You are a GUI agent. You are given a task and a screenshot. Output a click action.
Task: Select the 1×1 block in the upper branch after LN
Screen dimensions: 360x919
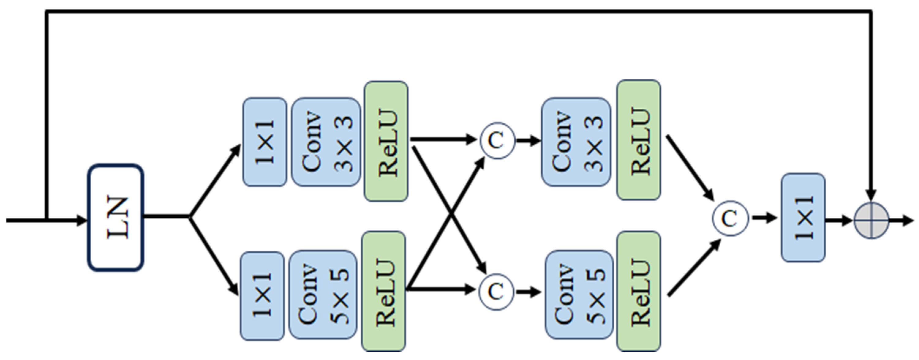pyautogui.click(x=265, y=142)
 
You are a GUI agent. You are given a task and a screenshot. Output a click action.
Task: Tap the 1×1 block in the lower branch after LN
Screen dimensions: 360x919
pyautogui.click(x=262, y=296)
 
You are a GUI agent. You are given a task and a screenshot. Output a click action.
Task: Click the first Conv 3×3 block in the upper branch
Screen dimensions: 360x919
pyautogui.click(x=326, y=142)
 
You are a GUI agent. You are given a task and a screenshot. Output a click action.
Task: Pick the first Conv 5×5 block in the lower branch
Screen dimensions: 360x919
pyautogui.click(x=323, y=294)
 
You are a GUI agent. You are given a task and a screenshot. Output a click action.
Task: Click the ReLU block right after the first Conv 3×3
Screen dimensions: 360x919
pyautogui.click(x=386, y=141)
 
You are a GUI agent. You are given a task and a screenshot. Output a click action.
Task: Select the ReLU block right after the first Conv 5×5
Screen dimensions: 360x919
pyautogui.click(x=383, y=291)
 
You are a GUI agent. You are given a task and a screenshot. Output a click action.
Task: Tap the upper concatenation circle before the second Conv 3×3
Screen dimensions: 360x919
pyautogui.click(x=497, y=141)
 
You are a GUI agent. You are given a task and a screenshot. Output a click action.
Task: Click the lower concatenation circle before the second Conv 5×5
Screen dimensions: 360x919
pyautogui.click(x=496, y=291)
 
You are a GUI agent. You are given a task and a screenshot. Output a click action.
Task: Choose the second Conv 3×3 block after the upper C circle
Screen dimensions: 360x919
pyautogui.click(x=576, y=142)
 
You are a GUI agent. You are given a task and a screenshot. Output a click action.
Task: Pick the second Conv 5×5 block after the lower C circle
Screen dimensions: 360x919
pyautogui.click(x=579, y=294)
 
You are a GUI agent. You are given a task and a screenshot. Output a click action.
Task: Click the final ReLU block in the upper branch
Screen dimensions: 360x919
pyautogui.click(x=638, y=140)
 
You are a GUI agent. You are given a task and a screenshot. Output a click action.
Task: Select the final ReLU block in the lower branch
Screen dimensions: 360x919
pyautogui.click(x=638, y=291)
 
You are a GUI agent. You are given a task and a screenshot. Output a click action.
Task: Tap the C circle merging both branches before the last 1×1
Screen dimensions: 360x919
pyautogui.click(x=730, y=218)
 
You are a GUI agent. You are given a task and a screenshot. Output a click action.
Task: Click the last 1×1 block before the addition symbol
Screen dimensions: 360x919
pyautogui.click(x=803, y=218)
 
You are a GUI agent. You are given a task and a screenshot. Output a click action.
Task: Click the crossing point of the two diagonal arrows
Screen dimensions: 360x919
pyautogui.click(x=452, y=215)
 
